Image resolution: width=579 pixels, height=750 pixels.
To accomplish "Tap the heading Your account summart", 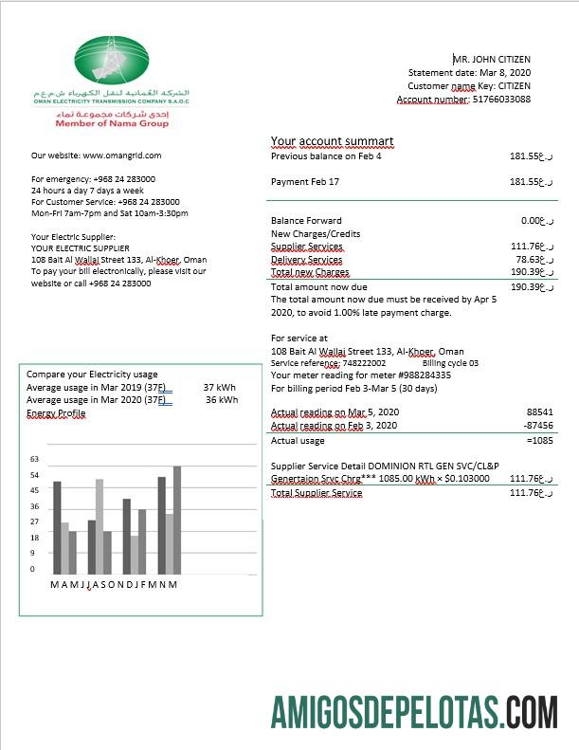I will [332, 141].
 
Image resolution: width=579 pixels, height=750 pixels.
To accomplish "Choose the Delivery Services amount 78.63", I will [528, 259].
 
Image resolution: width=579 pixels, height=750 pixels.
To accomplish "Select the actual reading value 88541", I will [539, 412].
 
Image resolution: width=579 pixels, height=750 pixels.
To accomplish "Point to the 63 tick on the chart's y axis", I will [34, 459].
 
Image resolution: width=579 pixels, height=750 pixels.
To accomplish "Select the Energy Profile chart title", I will [56, 413].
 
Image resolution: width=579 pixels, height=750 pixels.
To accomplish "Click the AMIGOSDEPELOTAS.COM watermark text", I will [413, 711].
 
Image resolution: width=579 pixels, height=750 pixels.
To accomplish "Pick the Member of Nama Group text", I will [112, 124].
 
